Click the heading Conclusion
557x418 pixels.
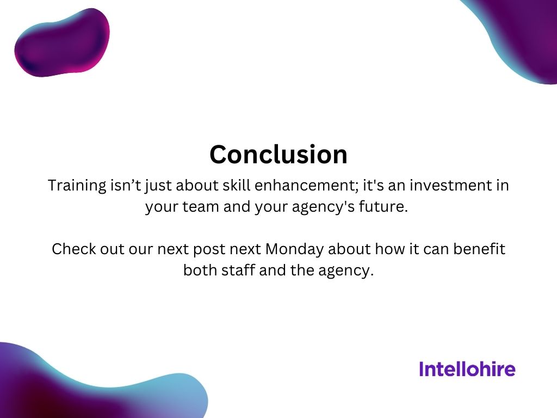pos(278,155)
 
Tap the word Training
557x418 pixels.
pos(77,186)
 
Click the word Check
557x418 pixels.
pos(73,249)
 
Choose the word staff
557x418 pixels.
pos(235,271)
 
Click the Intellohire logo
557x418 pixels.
pos(467,370)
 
